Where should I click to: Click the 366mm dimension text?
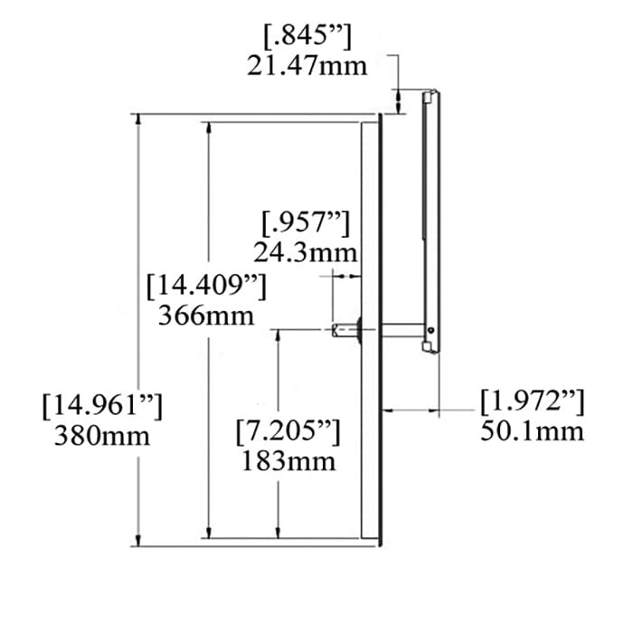[205, 316]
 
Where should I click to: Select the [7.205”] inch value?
[288, 431]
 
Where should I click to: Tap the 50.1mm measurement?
[532, 430]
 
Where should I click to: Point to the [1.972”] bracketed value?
[532, 401]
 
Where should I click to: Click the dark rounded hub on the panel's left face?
[359, 330]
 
